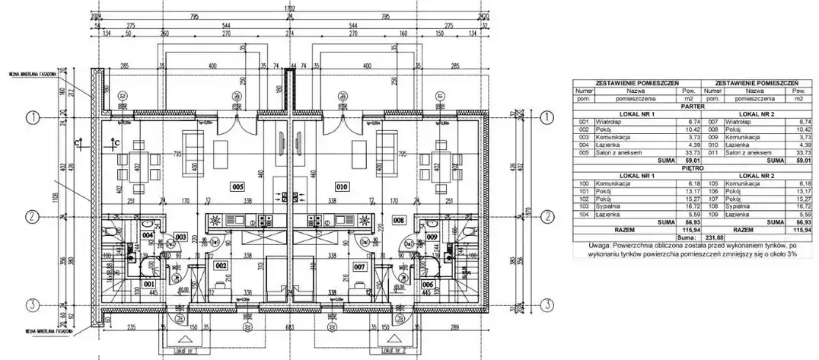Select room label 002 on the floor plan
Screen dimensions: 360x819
coord(220,266)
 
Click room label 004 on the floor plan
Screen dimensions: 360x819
coord(148,235)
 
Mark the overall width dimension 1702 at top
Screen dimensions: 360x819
coord(289,8)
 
